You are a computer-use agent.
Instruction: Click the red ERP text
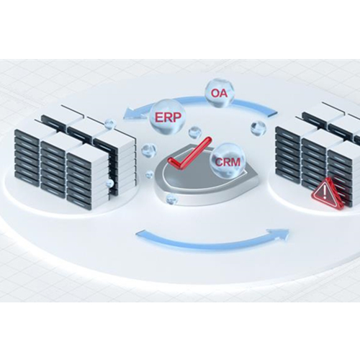[168, 117]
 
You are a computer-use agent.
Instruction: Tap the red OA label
[219, 93]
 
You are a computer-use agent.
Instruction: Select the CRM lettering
[228, 162]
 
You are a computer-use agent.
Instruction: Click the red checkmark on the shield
[190, 153]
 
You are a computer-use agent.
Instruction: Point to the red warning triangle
[328, 195]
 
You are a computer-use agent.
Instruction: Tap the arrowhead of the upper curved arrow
[128, 114]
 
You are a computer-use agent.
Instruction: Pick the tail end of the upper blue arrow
[274, 114]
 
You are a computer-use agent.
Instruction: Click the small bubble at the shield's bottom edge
[171, 199]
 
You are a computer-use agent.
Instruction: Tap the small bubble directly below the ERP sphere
[194, 132]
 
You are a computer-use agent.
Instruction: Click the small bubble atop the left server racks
[109, 124]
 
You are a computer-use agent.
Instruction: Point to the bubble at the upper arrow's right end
[258, 128]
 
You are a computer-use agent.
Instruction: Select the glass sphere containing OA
[220, 94]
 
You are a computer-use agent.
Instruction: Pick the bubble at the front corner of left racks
[110, 184]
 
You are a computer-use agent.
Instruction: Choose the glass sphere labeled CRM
[226, 161]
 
